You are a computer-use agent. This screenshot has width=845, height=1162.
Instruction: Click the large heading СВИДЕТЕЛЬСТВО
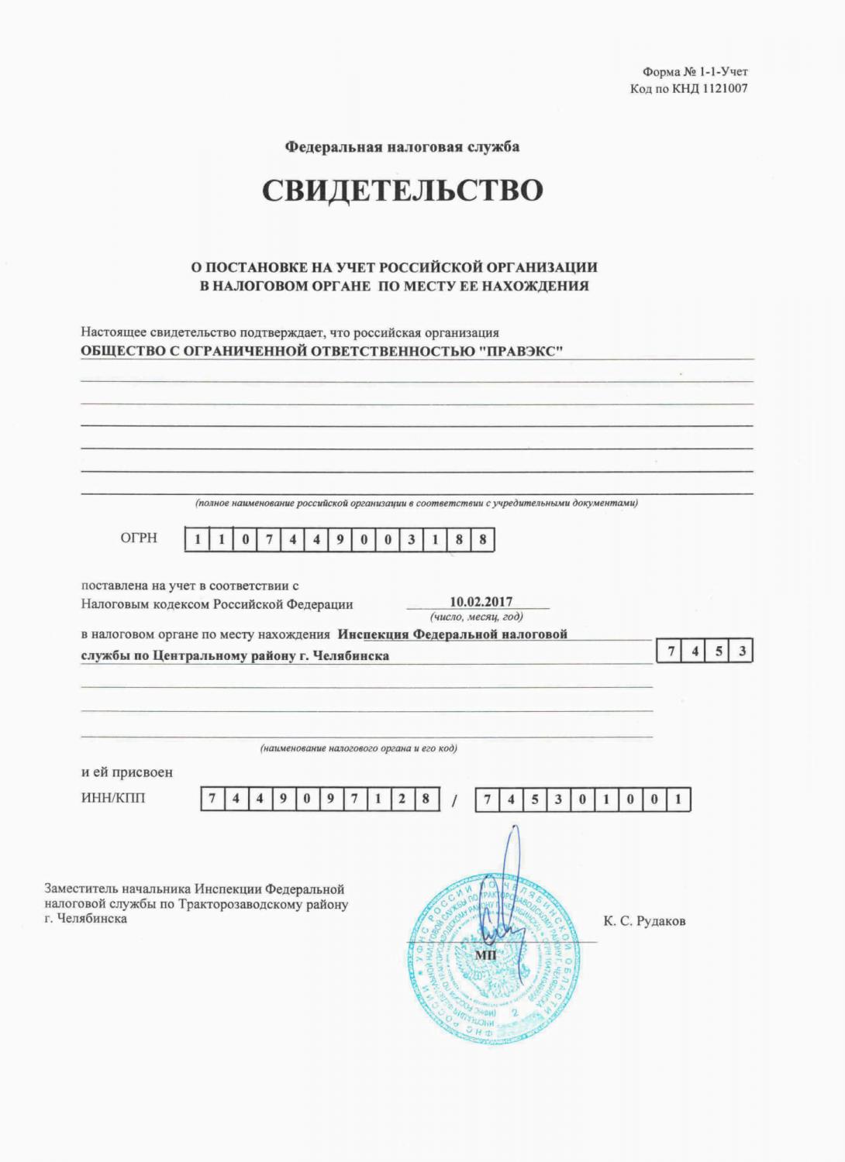tap(402, 191)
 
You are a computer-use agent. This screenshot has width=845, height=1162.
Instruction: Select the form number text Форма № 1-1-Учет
tap(695, 72)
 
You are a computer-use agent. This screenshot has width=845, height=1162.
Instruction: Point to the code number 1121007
tap(725, 88)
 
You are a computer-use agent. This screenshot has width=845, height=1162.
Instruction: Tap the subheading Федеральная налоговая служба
tap(402, 147)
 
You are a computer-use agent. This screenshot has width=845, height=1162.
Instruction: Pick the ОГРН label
tap(139, 538)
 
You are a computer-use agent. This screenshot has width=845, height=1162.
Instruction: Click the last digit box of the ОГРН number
tap(482, 540)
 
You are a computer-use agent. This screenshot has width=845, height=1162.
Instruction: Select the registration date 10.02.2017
tap(481, 602)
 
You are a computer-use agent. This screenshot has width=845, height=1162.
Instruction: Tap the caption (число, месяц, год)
tap(477, 617)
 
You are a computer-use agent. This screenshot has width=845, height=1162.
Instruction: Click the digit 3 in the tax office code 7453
tap(742, 651)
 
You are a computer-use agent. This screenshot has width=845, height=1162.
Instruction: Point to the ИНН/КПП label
tap(113, 798)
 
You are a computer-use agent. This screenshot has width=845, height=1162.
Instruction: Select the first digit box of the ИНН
tap(212, 799)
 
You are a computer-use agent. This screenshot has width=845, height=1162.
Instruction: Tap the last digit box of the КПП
tap(678, 799)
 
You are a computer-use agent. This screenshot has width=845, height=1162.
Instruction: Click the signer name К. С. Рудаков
tap(644, 921)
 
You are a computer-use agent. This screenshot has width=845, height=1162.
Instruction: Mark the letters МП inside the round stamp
tap(485, 954)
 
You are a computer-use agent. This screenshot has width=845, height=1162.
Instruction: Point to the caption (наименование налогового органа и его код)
tap(359, 748)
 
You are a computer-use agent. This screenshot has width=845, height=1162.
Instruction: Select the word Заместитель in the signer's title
tap(80, 889)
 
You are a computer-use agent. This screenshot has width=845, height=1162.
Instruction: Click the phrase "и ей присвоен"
tap(127, 772)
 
